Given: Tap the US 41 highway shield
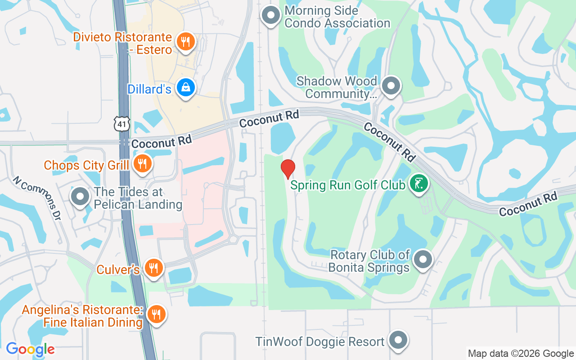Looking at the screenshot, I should (121, 124).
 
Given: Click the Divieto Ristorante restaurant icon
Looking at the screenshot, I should (184, 42).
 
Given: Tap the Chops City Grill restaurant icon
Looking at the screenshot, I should (142, 164).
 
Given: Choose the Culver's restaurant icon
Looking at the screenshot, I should (154, 268).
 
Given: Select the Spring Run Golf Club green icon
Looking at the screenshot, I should (419, 184).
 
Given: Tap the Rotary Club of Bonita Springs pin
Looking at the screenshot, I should (423, 260).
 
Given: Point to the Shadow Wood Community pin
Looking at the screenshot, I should (391, 85).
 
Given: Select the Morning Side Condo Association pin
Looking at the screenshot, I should (271, 15).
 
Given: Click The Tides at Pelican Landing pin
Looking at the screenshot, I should (81, 197).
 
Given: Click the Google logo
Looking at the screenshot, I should (30, 349).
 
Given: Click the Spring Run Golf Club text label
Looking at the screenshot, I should (348, 185).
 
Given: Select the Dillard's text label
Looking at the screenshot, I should (149, 89).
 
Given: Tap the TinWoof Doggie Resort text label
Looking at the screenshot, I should (320, 342).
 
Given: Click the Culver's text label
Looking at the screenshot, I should (118, 270).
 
